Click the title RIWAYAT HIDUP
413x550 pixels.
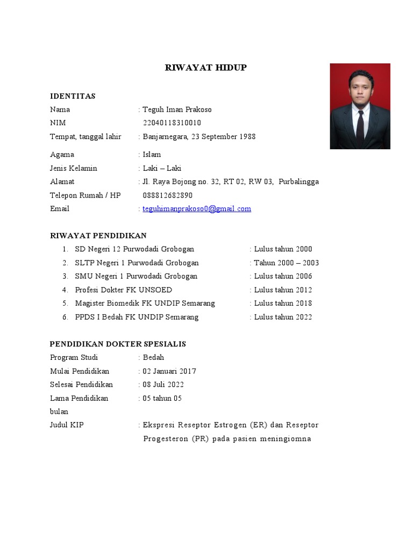(205, 68)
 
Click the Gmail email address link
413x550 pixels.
(197, 209)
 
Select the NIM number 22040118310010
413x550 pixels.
(172, 123)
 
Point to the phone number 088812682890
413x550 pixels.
(168, 196)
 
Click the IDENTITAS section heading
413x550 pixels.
(73, 96)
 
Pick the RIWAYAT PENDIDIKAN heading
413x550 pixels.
(98, 236)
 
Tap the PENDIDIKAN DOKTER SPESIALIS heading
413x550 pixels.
(118, 344)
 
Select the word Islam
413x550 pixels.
(152, 155)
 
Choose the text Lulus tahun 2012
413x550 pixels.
(283, 290)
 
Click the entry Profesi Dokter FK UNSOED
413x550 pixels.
(124, 290)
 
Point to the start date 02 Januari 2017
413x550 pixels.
(169, 371)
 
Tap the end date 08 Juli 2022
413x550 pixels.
(163, 385)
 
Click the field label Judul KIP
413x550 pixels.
(67, 425)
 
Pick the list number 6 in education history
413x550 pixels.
(65, 317)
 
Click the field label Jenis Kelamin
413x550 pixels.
(74, 168)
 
